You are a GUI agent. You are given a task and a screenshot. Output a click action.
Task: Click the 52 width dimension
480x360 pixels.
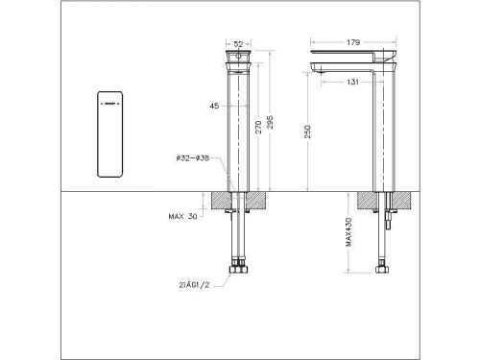[x=239, y=43]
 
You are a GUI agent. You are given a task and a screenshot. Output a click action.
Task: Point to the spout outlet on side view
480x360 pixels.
[x=322, y=70]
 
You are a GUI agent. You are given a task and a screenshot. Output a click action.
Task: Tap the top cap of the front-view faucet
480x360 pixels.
[x=239, y=59]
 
